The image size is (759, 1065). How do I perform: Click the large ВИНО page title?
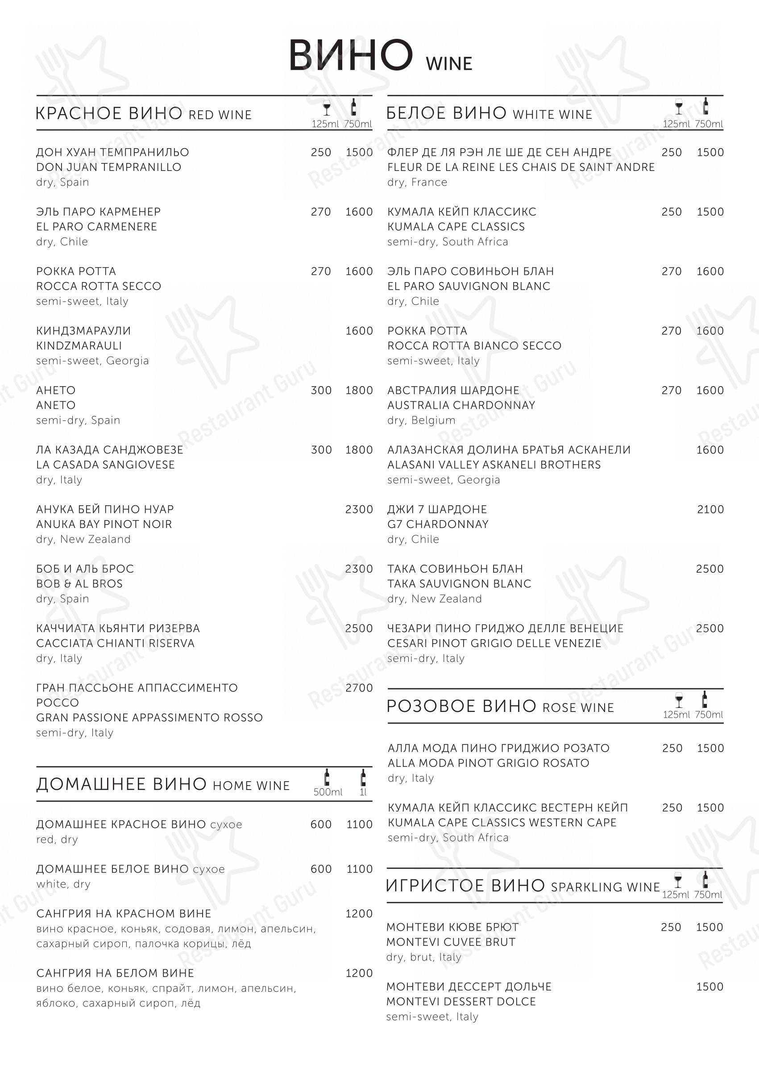[351, 56]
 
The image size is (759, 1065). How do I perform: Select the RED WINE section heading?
[220, 115]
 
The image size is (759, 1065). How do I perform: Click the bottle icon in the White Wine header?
[705, 107]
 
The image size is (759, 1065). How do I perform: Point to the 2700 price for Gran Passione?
[359, 688]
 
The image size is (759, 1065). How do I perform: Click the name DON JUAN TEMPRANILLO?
[108, 167]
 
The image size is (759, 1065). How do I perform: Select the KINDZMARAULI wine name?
[79, 345]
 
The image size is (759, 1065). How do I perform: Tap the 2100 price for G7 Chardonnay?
[710, 509]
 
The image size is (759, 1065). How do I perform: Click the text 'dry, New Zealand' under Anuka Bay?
[83, 539]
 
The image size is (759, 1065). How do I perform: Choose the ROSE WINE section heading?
[578, 708]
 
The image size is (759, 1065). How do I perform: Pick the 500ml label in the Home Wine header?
[328, 792]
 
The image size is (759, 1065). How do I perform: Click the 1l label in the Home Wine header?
[363, 792]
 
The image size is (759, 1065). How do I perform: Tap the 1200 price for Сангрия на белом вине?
[359, 973]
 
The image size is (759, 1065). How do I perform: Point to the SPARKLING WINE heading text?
[605, 887]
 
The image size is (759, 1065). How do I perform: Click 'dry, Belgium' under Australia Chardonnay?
[421, 420]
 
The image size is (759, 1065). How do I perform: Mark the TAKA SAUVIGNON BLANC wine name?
[459, 583]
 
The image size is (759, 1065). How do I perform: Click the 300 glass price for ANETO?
[321, 391]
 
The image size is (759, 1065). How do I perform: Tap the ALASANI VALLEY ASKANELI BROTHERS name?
[494, 465]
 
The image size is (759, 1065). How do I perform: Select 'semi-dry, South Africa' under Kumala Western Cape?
[448, 837]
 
